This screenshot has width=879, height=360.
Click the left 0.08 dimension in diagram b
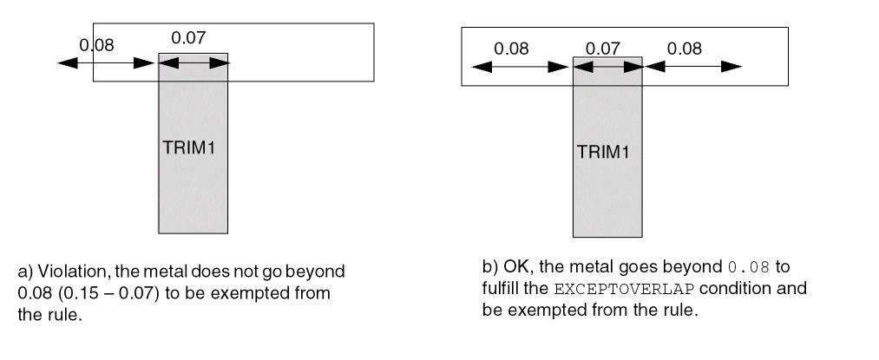511,49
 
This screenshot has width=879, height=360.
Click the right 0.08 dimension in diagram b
685,49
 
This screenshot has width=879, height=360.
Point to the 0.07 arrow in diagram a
193,63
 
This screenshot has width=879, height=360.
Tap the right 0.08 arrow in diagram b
692,67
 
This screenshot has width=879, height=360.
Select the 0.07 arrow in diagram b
607,67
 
